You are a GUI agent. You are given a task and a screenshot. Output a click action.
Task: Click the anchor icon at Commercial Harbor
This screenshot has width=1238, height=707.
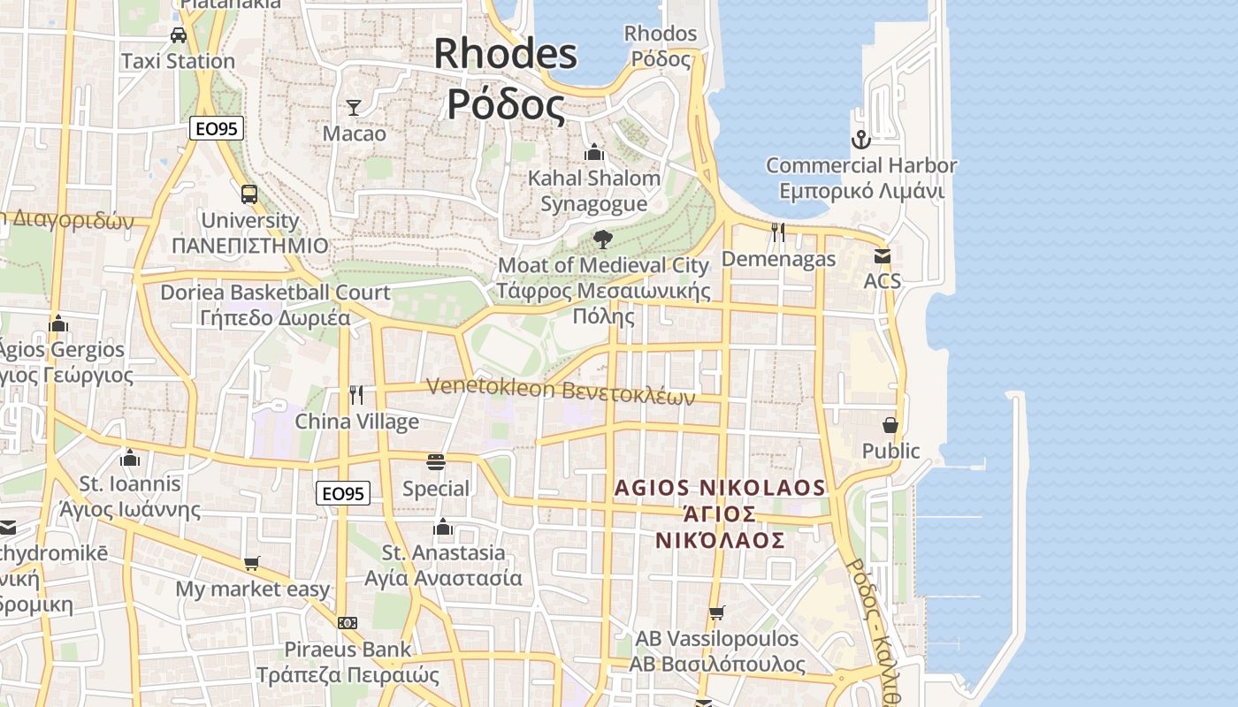[x=860, y=140]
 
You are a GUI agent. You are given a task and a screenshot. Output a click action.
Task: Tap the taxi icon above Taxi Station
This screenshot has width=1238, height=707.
[x=179, y=35]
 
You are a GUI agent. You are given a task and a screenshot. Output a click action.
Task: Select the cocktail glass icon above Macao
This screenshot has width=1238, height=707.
[x=354, y=108]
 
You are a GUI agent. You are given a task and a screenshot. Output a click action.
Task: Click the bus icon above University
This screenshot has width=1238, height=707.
[x=249, y=194]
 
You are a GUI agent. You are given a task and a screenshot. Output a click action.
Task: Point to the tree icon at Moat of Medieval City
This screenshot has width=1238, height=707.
[x=603, y=239]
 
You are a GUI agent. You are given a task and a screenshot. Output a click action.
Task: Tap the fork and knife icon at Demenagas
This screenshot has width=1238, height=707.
[x=778, y=232]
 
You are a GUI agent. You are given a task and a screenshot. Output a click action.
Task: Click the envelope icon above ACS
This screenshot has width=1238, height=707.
[x=882, y=256]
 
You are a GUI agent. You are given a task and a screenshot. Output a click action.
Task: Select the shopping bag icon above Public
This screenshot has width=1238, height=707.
[x=890, y=425]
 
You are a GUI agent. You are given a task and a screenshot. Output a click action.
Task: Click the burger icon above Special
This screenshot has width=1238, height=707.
[x=435, y=462]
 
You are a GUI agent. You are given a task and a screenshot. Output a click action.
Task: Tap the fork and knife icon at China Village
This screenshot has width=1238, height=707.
[x=356, y=395]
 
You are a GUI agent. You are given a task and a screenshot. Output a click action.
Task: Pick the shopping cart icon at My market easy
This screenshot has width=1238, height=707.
[x=252, y=563]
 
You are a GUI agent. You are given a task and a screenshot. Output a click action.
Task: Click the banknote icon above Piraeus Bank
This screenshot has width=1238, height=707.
[x=348, y=623]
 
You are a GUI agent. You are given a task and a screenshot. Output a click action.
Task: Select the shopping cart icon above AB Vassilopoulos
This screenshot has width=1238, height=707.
[x=716, y=612]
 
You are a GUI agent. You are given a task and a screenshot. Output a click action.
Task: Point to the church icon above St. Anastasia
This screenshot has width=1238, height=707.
[x=443, y=528]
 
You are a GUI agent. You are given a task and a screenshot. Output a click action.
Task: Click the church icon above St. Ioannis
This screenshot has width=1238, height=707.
[x=130, y=458]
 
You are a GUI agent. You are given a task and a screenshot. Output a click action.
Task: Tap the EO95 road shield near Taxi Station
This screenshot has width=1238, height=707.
[x=216, y=129]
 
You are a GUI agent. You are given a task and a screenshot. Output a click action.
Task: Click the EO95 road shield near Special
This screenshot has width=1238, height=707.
[x=343, y=494]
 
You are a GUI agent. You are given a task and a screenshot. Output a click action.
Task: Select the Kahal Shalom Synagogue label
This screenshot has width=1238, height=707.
[x=594, y=191]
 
